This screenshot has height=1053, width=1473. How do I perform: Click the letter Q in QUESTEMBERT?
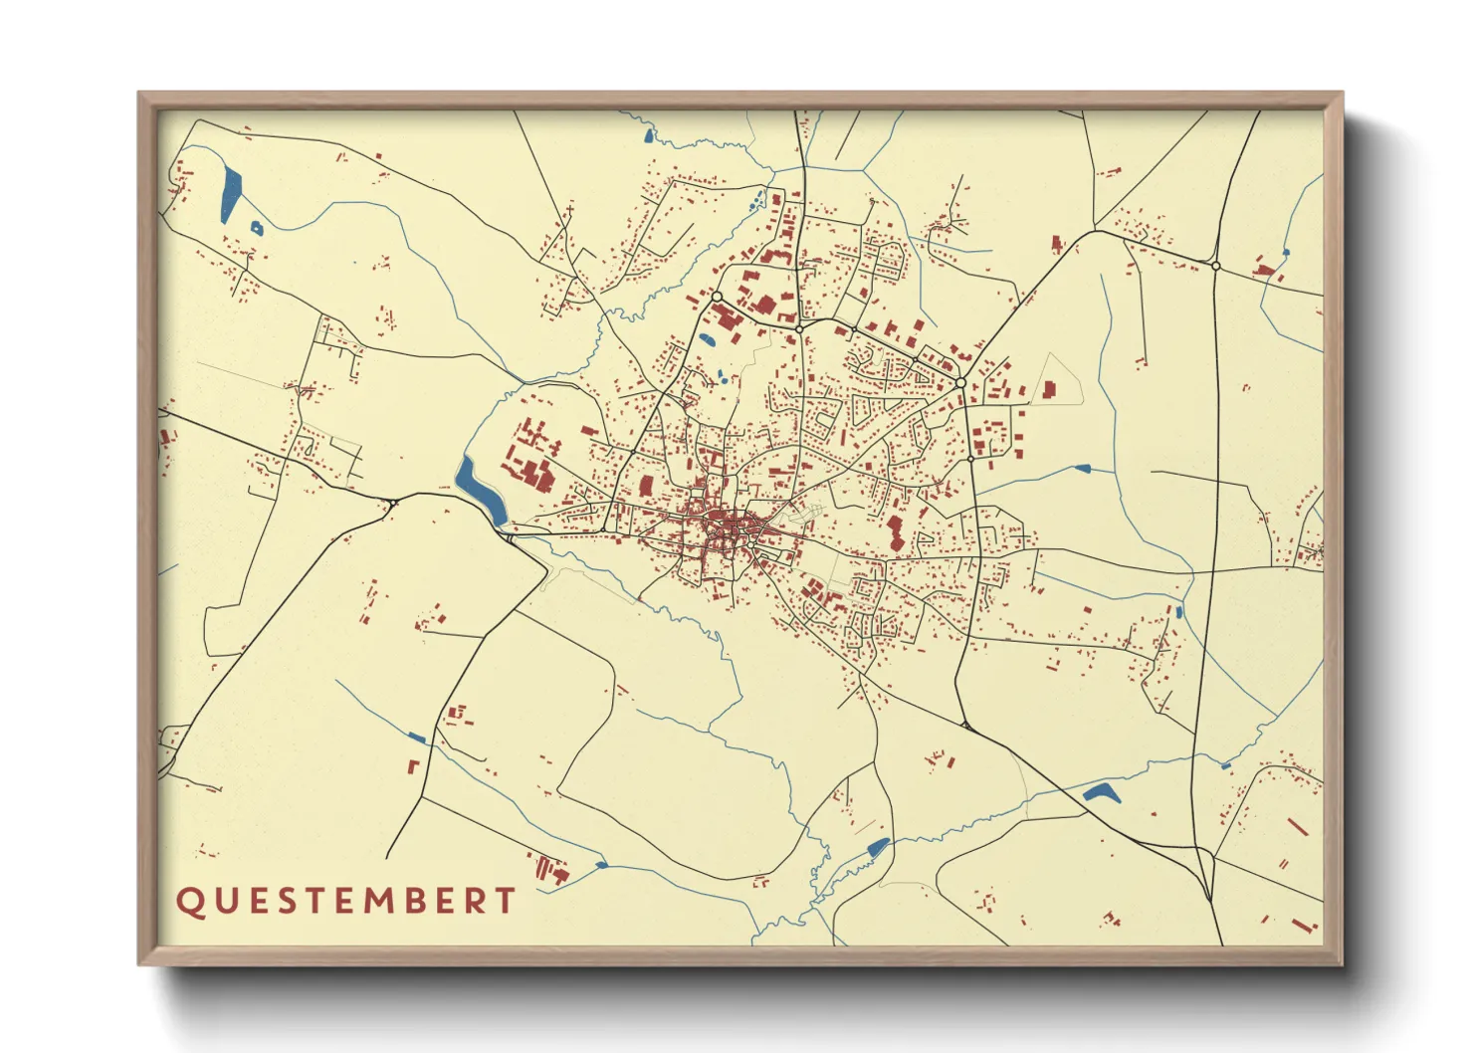point(188,902)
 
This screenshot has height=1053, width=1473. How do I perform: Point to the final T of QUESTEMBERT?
point(505,902)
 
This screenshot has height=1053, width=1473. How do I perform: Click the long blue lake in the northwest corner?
point(230,195)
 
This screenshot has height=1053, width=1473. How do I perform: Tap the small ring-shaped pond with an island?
point(257,228)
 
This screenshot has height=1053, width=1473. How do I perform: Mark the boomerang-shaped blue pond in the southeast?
point(1101,793)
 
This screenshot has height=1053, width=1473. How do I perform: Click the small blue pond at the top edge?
point(650,134)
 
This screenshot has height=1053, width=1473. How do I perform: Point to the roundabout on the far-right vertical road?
point(1215,266)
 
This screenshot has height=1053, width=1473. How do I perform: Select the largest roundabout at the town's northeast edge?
point(960,382)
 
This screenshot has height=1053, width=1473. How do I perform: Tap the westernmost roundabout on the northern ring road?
point(717,297)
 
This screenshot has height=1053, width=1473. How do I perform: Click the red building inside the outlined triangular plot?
point(1049,389)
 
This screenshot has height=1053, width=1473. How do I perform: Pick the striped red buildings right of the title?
point(550,869)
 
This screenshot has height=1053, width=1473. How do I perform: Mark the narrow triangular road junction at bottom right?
point(1206,876)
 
